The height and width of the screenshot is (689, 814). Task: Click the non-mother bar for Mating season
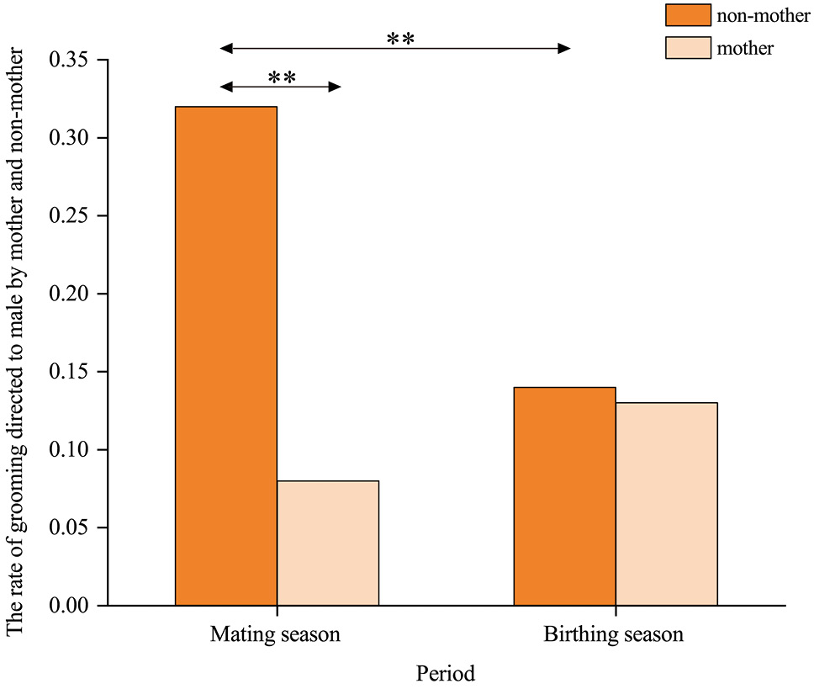tap(226, 356)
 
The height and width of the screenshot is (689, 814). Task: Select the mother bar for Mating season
tap(328, 543)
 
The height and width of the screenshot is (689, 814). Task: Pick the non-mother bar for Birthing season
tap(565, 496)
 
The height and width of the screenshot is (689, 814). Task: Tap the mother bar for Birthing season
tap(667, 504)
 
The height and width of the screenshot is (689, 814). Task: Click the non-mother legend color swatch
tap(689, 15)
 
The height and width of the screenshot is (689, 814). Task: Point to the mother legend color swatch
tap(689, 48)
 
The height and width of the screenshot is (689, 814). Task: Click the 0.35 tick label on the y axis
tap(68, 60)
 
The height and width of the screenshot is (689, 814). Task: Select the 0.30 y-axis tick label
tap(68, 138)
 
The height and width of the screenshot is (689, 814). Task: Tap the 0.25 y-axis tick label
tap(68, 215)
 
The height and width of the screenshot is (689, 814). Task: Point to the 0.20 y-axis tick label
tap(68, 294)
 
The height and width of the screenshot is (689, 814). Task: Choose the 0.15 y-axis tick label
tap(68, 372)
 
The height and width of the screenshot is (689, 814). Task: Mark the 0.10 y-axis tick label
tap(68, 449)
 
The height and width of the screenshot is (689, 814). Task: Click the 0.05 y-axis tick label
tap(68, 527)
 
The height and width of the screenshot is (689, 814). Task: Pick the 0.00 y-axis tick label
tap(68, 606)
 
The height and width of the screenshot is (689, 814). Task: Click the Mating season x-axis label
tap(275, 634)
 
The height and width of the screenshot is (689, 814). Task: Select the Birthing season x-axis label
tap(614, 634)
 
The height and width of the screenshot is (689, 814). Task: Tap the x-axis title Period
tap(446, 673)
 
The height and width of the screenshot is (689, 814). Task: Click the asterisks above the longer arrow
tap(401, 38)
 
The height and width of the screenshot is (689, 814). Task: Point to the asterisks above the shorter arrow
tap(282, 77)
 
